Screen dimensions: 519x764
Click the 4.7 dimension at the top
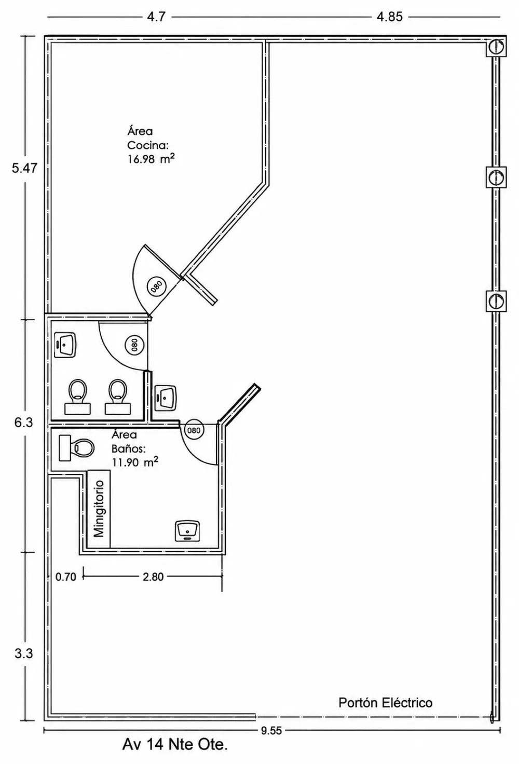coord(156,17)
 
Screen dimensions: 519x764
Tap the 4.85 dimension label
coord(389,17)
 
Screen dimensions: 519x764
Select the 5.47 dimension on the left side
coord(24,168)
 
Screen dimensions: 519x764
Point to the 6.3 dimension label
coord(23,422)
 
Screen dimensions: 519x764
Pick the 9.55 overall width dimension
coord(271,731)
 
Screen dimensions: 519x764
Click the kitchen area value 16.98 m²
coord(151,159)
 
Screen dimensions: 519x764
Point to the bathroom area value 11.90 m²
coord(135,462)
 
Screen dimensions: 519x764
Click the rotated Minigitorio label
coord(99,509)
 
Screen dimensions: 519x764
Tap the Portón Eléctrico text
coord(385,703)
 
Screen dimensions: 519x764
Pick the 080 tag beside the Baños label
coord(194,430)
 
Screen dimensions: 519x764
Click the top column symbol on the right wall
coord(496,46)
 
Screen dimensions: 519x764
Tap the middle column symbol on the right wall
coord(496,177)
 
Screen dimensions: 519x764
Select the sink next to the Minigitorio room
coord(187,531)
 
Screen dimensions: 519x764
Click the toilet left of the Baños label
coord(77,448)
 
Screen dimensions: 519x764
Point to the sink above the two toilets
coord(65,345)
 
